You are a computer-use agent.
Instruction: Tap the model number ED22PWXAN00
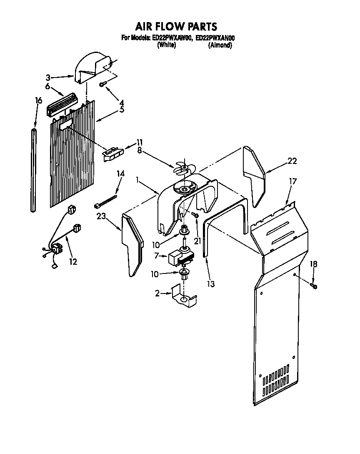pyautogui.click(x=215, y=38)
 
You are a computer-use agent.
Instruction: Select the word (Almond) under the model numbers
pyautogui.click(x=220, y=45)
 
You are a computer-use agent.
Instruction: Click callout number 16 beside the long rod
pyautogui.click(x=38, y=100)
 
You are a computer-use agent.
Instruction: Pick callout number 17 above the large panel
pyautogui.click(x=293, y=181)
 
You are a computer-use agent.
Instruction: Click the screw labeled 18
pyautogui.click(x=313, y=286)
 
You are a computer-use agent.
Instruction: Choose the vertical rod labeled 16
pyautogui.click(x=34, y=171)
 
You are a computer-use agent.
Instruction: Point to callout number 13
pyautogui.click(x=211, y=284)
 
